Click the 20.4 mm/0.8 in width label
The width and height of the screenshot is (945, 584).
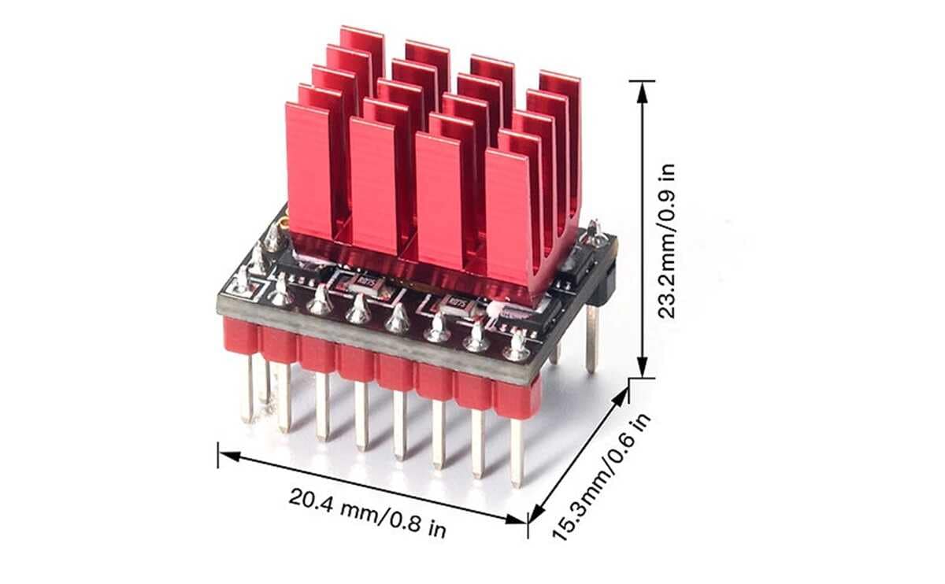367,512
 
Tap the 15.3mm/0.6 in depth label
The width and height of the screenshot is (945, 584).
602,477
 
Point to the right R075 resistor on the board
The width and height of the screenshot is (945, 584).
455,301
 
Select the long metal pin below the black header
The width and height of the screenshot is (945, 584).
591,338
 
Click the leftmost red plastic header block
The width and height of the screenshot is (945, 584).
241,335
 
